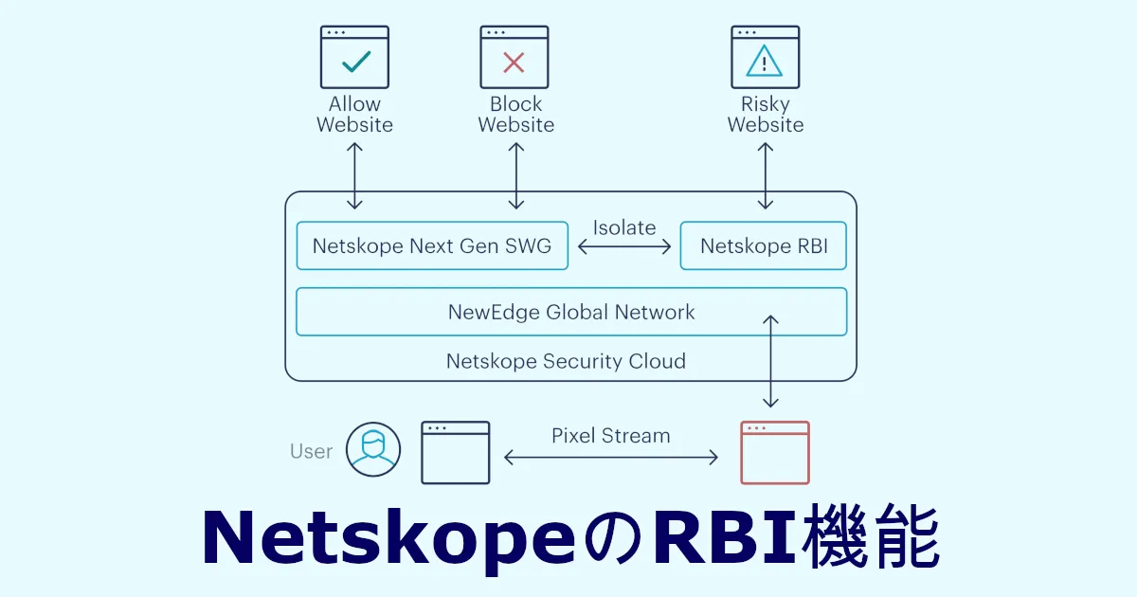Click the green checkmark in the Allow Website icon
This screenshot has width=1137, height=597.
tap(355, 63)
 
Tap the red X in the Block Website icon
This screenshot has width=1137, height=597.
tap(514, 63)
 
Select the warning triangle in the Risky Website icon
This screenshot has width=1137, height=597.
tap(764, 63)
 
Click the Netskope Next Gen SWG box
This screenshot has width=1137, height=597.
tap(432, 246)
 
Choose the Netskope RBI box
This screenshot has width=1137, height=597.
tap(764, 246)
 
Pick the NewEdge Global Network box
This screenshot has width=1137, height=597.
tap(571, 312)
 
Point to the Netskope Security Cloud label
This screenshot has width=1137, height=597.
tap(566, 361)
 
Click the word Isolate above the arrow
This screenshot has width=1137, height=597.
tap(624, 227)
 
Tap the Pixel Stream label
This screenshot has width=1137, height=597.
tap(611, 436)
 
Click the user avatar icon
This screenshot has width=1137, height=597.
tap(373, 449)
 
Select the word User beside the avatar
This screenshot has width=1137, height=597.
tap(311, 451)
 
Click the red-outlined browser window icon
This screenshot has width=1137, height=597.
tap(774, 453)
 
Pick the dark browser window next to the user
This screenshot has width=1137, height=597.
tap(455, 453)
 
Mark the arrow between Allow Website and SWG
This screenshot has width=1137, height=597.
tap(355, 175)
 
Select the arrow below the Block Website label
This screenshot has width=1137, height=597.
tap(516, 175)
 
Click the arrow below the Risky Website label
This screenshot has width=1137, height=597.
tap(766, 175)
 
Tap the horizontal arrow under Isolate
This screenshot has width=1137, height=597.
tap(624, 246)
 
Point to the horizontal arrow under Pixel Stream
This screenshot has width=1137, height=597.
tap(611, 459)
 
